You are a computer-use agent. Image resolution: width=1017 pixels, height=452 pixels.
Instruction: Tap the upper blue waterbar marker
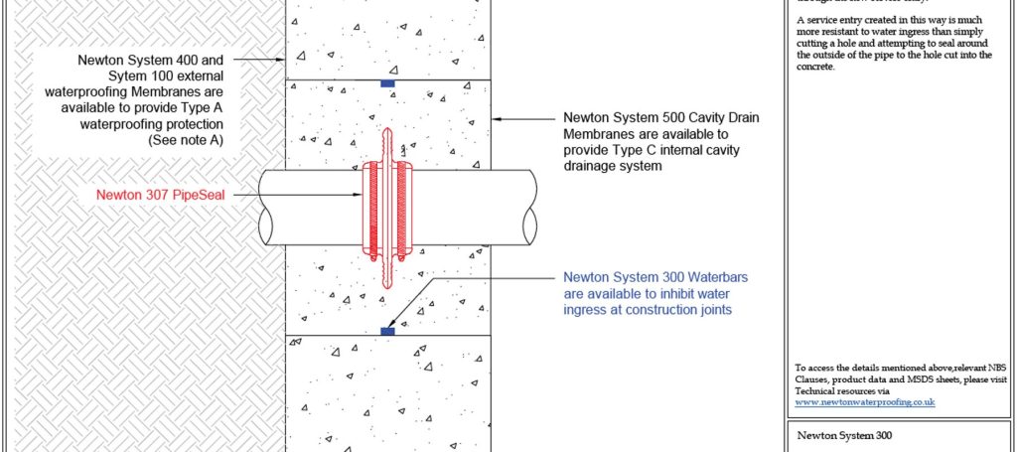[387, 83]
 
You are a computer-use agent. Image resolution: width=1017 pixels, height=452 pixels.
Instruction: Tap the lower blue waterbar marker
[387, 331]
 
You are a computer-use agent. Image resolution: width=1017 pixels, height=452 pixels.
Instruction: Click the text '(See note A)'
[186, 141]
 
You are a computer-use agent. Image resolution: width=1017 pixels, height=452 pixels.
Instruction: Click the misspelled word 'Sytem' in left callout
[100, 75]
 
